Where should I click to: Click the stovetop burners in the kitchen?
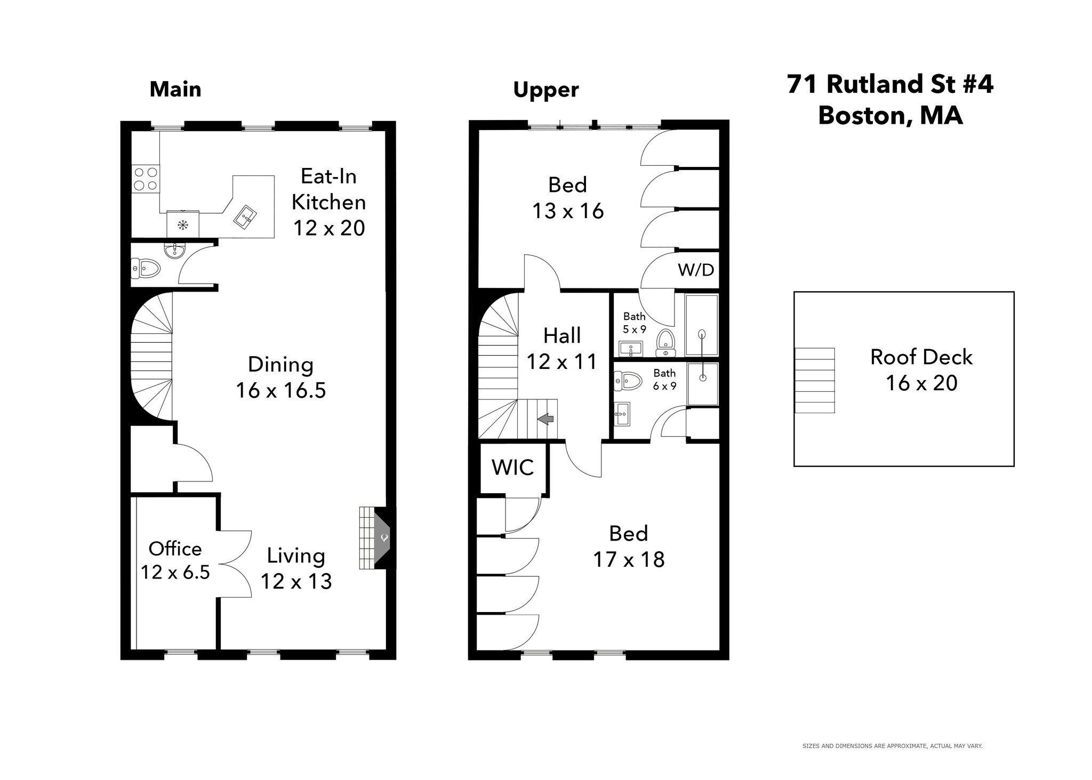tap(146, 179)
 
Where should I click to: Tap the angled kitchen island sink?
tap(245, 218)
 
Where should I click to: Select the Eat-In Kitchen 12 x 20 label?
tap(329, 202)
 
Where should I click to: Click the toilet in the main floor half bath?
tap(146, 268)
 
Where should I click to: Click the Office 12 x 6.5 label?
tap(175, 560)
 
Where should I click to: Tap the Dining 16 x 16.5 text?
tap(281, 377)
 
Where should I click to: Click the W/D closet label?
tap(696, 270)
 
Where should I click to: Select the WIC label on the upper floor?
tap(512, 468)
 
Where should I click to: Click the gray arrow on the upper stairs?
tap(545, 420)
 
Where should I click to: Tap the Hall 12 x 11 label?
tap(562, 349)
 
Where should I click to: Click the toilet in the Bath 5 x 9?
tap(665, 342)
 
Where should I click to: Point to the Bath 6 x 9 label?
tap(664, 379)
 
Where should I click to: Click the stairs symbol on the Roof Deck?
tap(814, 380)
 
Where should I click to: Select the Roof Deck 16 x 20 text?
tap(921, 370)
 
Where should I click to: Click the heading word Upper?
tap(545, 90)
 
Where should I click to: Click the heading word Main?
tap(175, 89)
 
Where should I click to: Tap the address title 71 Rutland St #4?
tap(890, 84)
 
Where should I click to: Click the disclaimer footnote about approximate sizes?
tap(892, 746)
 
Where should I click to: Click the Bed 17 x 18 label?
tap(629, 546)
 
